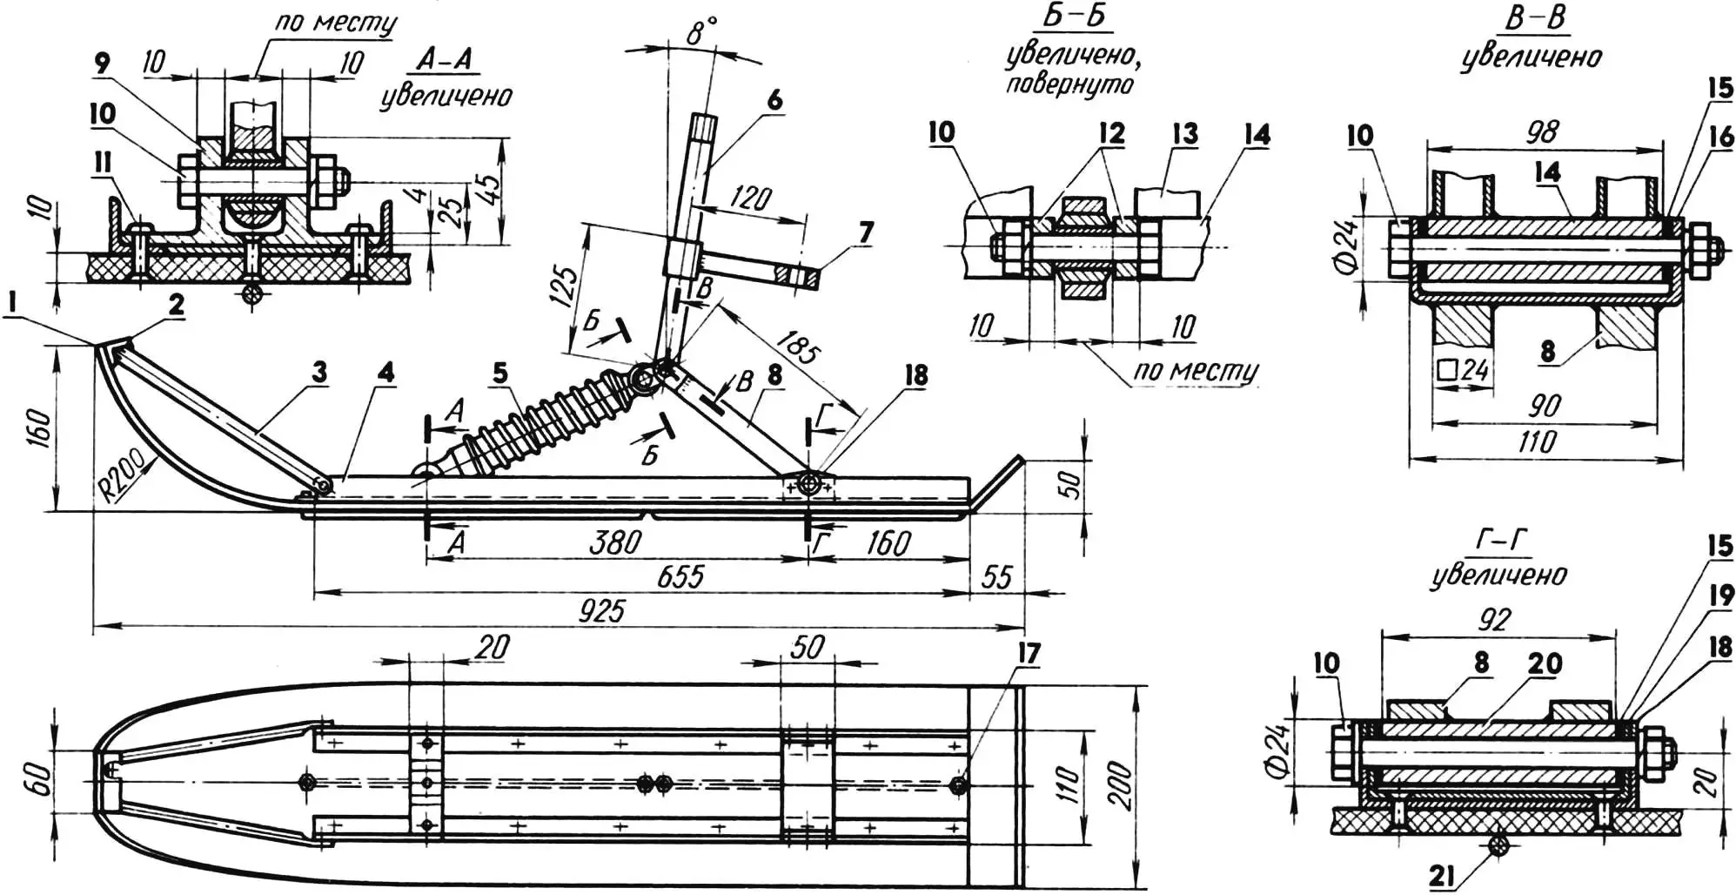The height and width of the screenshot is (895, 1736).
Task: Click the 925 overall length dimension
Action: [601, 610]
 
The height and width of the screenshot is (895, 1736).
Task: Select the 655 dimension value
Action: [680, 576]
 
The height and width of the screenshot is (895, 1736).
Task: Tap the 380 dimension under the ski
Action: [615, 542]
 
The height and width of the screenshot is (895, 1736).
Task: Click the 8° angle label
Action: [701, 32]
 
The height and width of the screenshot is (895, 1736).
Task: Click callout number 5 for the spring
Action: [499, 373]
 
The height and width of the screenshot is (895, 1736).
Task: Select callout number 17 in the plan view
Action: [1029, 653]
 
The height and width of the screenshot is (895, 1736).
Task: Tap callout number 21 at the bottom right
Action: [1441, 876]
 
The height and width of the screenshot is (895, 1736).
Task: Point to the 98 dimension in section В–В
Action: [1541, 131]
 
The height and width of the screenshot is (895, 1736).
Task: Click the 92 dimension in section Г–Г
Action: [1493, 619]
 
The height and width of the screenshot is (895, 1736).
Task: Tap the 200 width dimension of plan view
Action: [1122, 784]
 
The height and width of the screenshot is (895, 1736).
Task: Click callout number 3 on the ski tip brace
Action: [319, 373]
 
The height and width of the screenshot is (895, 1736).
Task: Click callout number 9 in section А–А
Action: [103, 63]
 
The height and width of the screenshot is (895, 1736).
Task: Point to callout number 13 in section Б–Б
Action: [1184, 134]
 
